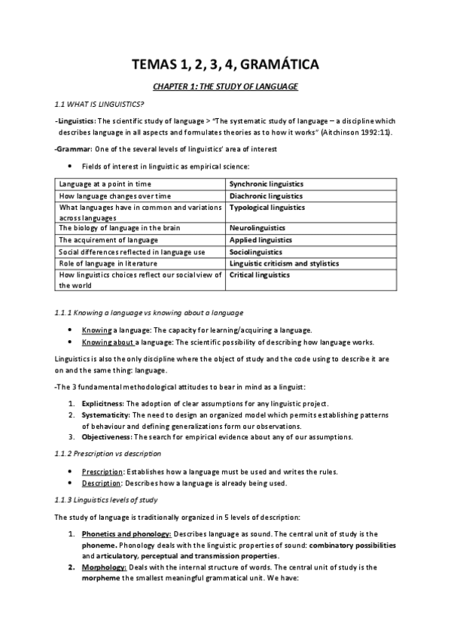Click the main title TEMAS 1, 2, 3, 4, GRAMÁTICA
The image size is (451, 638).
click(225, 65)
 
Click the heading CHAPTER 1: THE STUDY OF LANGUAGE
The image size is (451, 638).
click(225, 87)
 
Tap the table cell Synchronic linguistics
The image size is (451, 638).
click(266, 184)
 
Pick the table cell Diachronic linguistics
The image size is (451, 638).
click(264, 195)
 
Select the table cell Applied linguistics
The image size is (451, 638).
click(261, 240)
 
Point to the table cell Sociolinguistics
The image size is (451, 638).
click(256, 252)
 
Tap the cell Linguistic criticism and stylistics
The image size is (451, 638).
click(284, 263)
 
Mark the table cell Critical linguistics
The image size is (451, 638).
click(259, 275)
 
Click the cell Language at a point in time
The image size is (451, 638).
click(105, 184)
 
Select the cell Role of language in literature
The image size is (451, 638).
click(108, 263)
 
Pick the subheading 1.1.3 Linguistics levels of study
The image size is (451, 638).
click(106, 500)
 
